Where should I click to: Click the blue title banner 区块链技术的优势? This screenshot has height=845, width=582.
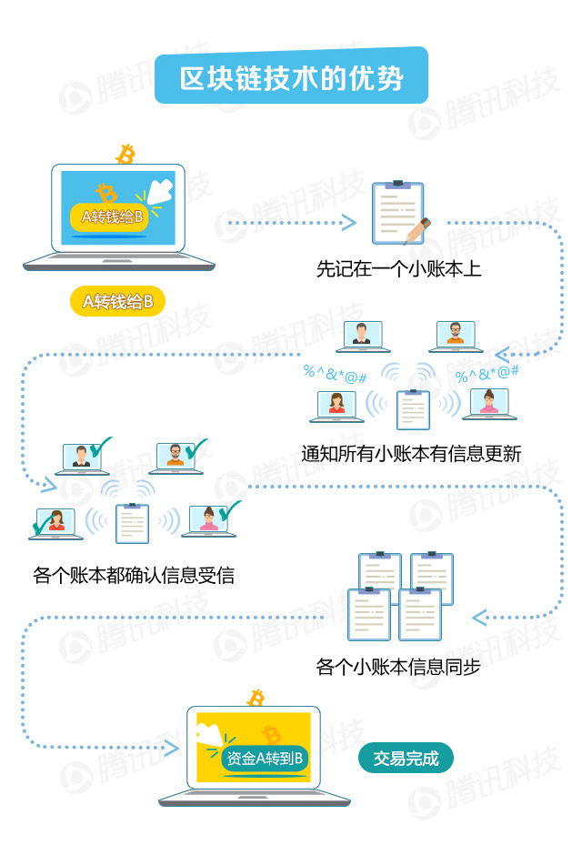point(291,75)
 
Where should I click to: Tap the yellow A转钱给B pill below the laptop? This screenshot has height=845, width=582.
point(117,301)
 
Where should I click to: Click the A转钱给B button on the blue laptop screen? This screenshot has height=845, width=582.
point(109,217)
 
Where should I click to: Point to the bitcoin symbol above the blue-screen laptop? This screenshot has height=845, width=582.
point(125,154)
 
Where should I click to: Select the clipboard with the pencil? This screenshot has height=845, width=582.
point(400,214)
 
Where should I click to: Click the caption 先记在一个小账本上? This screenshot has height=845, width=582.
point(399,269)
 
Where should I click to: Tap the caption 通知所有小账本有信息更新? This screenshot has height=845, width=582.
point(411,454)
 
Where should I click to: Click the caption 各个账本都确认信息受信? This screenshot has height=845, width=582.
point(134,575)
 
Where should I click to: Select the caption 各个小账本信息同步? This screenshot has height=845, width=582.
point(398,667)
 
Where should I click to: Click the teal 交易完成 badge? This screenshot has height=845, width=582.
point(406,759)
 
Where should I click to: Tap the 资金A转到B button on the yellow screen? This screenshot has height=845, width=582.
point(265,759)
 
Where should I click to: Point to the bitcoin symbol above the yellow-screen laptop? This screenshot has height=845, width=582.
point(256,698)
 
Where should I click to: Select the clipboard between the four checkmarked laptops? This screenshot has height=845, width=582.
point(132,523)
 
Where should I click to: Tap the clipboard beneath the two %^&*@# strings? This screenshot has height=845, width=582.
point(414,409)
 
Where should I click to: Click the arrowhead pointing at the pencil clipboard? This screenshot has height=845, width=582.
point(348,223)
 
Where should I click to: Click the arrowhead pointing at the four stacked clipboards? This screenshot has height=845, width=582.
point(479,618)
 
